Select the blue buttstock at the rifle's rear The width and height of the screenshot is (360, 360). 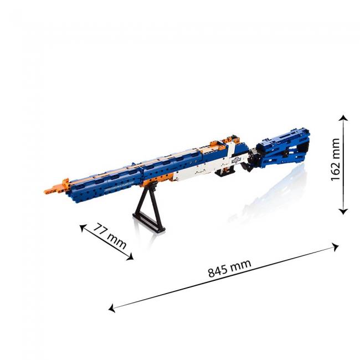point(285,148)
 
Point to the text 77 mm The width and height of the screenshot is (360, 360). point(109,235)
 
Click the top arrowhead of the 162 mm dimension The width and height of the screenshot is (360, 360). point(344,119)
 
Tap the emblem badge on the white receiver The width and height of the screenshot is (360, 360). point(237,160)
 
